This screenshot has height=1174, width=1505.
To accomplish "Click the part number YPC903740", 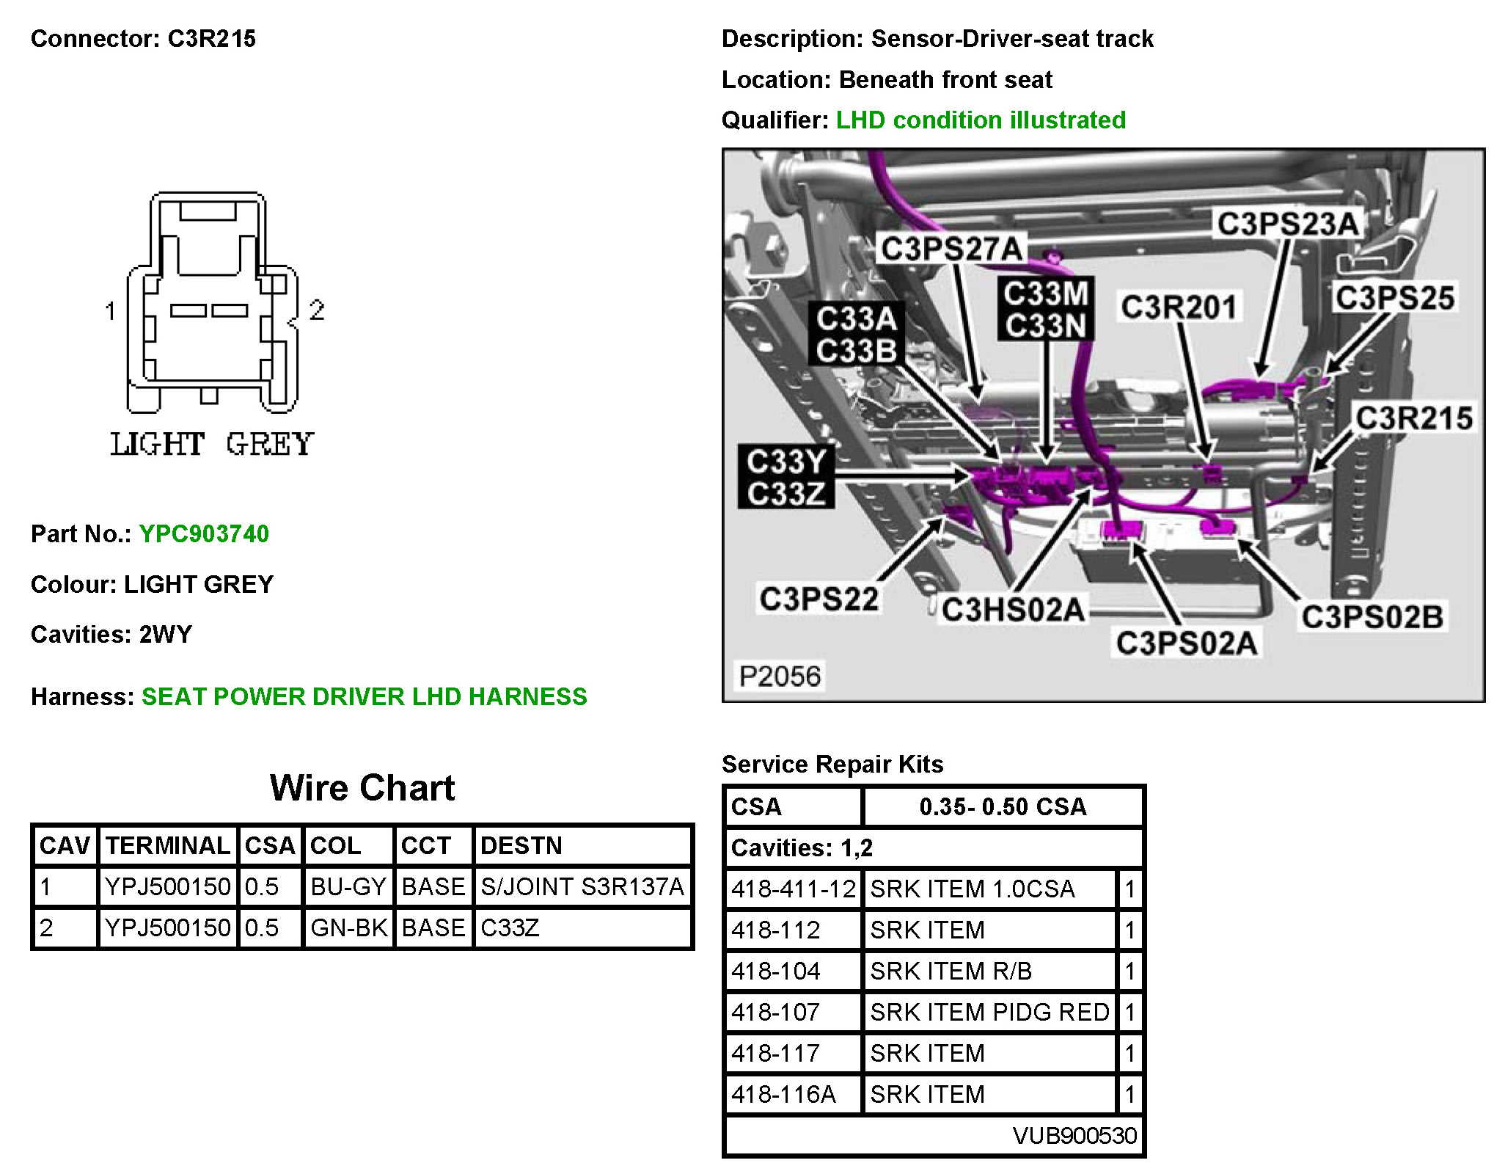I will [x=204, y=533].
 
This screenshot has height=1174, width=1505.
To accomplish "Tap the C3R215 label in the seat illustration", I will [x=1413, y=418].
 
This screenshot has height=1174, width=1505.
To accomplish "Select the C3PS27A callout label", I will [x=951, y=249].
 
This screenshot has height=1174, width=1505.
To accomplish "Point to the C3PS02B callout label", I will [x=1372, y=617].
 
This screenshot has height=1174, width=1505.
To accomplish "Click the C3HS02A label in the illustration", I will [x=1012, y=610].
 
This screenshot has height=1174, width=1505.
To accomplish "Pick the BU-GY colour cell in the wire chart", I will [x=348, y=887].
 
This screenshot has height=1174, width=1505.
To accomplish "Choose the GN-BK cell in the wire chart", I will [x=348, y=928].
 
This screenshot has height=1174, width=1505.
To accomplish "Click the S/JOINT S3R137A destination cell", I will [x=582, y=887].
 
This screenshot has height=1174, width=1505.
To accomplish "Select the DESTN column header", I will [x=521, y=846].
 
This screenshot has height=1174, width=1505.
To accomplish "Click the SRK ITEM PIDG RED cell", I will [x=989, y=1013].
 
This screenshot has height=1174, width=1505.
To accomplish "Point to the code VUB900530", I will [x=1074, y=1136].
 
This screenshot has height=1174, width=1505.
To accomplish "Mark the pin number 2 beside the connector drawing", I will [x=317, y=310].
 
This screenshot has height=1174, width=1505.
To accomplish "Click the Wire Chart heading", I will [x=362, y=788].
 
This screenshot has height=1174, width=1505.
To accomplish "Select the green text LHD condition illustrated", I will [x=981, y=120].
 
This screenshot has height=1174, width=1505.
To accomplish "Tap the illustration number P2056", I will [x=780, y=676].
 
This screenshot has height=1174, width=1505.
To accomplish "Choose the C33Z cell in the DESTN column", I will [x=510, y=928].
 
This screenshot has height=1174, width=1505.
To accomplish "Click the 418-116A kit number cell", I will [x=783, y=1095].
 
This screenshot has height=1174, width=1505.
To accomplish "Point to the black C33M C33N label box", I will [x=1045, y=309].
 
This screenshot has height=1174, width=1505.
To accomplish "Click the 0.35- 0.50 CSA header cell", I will [x=1003, y=807].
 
